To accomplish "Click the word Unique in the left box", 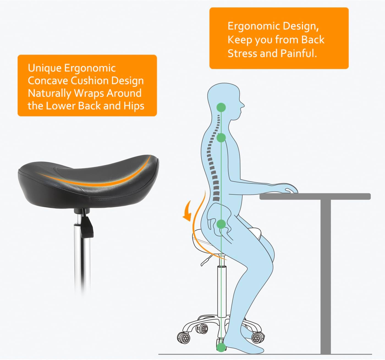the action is point(45,68).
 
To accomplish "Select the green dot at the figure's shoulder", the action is point(221,138).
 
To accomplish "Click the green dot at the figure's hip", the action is point(221,224).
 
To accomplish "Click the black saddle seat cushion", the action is point(88,179).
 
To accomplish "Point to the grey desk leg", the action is point(326,275).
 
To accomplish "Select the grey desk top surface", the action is point(315,196).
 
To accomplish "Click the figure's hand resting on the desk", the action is point(290,189).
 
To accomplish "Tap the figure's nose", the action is point(243,105).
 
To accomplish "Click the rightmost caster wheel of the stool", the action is point(258,336).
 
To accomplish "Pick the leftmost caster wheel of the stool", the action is point(183,337).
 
